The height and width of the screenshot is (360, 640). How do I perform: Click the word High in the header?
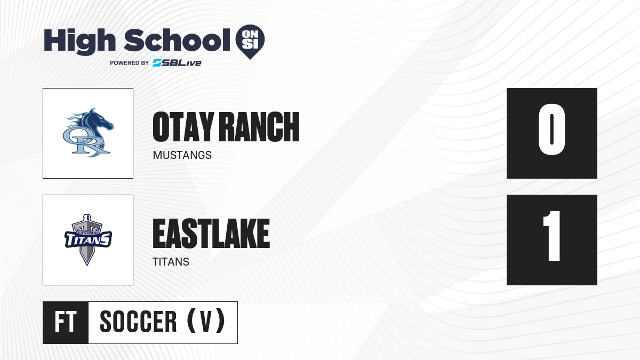click(x=79, y=41)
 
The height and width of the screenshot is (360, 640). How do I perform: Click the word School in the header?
click(x=177, y=39)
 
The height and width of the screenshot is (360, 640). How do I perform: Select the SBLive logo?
click(x=177, y=63)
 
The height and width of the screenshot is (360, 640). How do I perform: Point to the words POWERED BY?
click(x=130, y=63)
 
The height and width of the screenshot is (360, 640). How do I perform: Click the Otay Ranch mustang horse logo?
click(x=88, y=133)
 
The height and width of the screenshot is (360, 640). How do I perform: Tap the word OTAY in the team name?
click(x=183, y=126)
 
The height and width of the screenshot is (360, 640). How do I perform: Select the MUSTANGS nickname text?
click(x=182, y=155)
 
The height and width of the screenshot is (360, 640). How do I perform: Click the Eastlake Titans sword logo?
click(x=88, y=239)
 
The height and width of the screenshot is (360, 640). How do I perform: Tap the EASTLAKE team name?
click(x=211, y=234)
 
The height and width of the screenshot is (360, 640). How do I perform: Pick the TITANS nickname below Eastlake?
click(x=171, y=262)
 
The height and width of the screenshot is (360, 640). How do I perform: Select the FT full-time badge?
click(x=66, y=322)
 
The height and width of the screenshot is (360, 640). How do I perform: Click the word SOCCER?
click(x=138, y=322)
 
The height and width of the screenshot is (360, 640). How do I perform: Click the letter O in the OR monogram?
click(x=74, y=138)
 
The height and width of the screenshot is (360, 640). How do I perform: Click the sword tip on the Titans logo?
click(x=87, y=265)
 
